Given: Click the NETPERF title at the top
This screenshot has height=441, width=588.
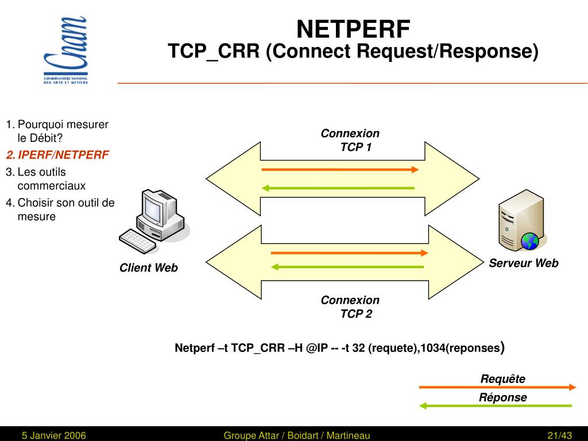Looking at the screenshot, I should (353, 28).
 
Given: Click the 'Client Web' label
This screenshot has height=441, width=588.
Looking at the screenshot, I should (149, 268).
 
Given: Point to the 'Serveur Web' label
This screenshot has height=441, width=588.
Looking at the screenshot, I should (524, 263).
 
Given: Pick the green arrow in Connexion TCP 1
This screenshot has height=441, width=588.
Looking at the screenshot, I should (338, 188).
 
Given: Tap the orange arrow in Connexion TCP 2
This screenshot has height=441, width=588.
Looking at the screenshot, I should (349, 253).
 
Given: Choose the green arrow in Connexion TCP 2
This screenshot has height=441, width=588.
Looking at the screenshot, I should (347, 267).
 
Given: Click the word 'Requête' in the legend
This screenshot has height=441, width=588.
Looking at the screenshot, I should (503, 379).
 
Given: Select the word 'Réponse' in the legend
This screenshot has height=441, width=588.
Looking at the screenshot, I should (503, 397).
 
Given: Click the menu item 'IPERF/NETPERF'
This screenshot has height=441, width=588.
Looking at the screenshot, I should (63, 155).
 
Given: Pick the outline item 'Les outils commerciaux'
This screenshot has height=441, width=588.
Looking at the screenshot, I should (51, 179).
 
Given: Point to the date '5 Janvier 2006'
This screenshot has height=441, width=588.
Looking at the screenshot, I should (54, 436).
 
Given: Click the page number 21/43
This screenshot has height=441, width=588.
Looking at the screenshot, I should (560, 436).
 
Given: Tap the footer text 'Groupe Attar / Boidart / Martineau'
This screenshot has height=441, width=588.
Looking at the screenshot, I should (297, 436).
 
